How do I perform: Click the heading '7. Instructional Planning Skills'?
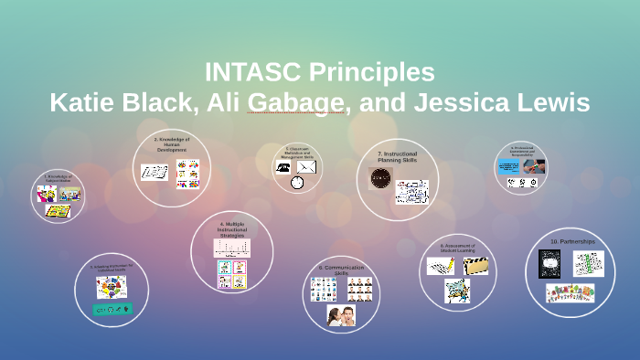coord(397,157)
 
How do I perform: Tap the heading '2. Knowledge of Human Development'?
coord(171,144)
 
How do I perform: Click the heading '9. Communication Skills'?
coord(341,270)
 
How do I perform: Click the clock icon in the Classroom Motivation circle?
coord(297,183)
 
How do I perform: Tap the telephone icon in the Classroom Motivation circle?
coord(284,167)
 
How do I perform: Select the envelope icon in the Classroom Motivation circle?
coord(306,167)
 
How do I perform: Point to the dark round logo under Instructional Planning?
coord(379,179)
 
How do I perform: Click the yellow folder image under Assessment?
coord(475,266)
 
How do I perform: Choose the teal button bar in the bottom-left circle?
coord(112,309)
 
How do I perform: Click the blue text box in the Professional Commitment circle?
coord(509,167)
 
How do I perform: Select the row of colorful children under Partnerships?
coord(571,293)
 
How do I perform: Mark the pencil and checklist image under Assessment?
coord(440,266)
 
